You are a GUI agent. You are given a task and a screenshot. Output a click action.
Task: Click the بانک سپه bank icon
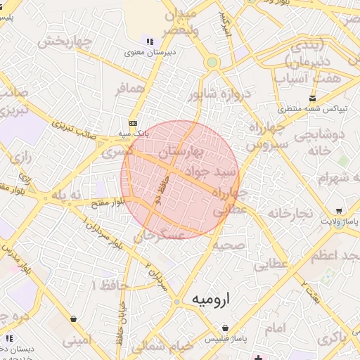[x=132, y=122]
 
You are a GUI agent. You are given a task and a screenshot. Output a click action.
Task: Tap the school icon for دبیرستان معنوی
[x=150, y=41]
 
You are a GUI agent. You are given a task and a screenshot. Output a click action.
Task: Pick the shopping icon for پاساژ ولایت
[x=339, y=211]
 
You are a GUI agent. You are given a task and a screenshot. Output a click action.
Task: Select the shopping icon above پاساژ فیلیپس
[x=225, y=328]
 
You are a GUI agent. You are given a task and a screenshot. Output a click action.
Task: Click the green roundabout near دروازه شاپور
[x=212, y=63]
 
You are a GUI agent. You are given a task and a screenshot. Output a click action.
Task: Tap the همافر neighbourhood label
[x=130, y=87]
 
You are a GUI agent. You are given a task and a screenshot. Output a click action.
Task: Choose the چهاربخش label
[x=65, y=41]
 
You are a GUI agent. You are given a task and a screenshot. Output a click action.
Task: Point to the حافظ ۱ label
[x=105, y=284]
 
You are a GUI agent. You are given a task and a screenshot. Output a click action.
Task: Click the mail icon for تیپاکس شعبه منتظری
[x=312, y=98]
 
